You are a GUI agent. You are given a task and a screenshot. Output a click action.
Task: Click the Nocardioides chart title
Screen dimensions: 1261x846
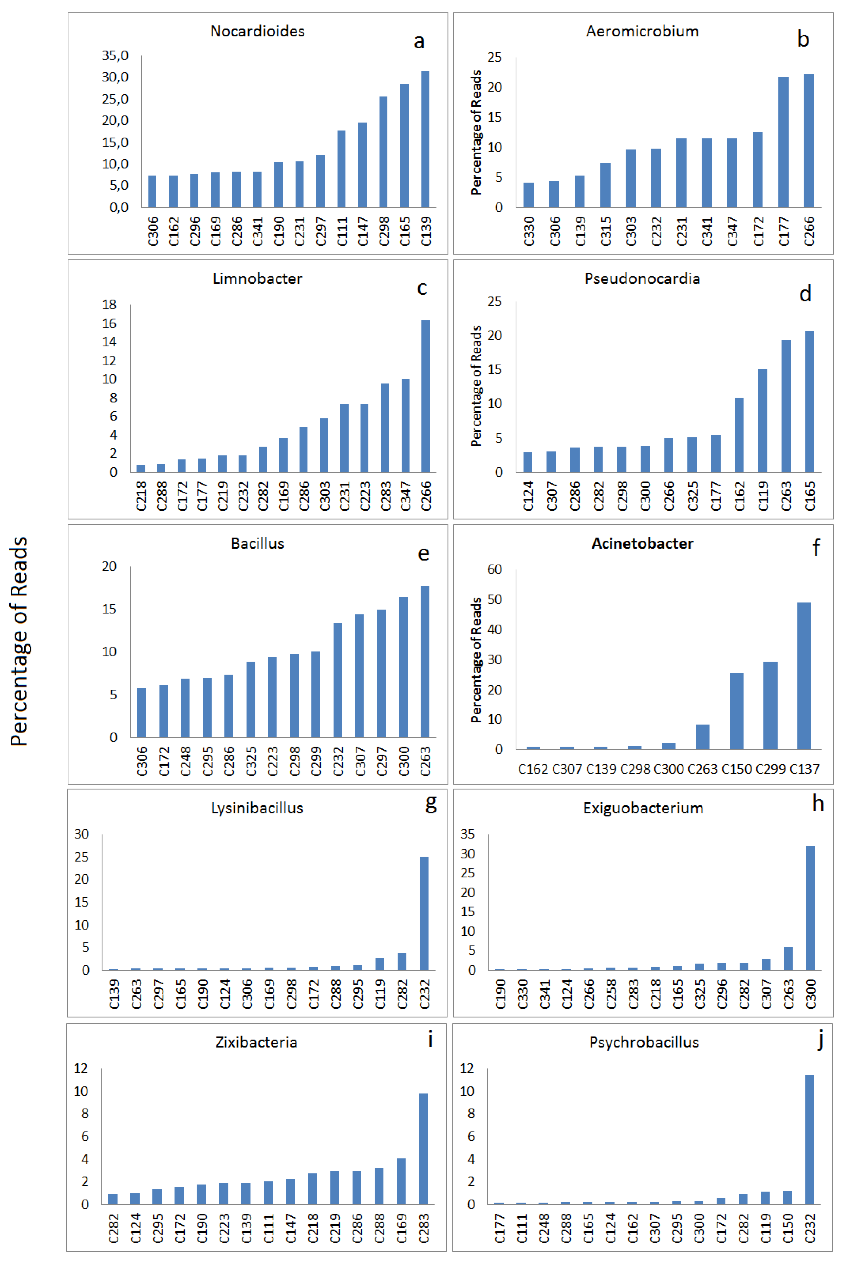click(257, 31)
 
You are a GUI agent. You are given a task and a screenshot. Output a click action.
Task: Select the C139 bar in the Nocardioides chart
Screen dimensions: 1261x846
click(426, 139)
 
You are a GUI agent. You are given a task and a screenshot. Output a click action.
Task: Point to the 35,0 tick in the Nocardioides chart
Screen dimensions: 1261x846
click(115, 56)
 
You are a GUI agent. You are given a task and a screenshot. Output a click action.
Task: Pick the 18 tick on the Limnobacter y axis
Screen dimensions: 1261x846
click(110, 305)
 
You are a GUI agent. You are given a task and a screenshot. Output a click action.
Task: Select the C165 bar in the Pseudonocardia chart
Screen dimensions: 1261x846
click(809, 402)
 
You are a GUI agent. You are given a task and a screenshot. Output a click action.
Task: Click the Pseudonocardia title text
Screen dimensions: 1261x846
click(642, 279)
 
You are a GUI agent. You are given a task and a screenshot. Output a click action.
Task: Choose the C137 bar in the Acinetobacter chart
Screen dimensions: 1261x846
click(804, 676)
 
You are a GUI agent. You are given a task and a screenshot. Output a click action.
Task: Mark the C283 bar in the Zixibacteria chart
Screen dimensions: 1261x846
click(424, 1149)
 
